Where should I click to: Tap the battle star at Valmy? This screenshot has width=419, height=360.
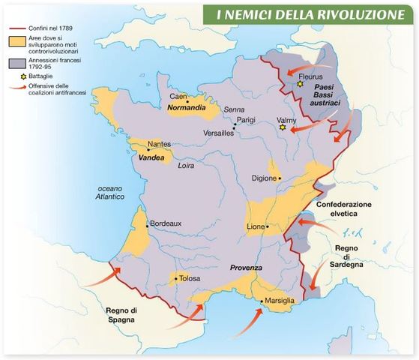(283, 127)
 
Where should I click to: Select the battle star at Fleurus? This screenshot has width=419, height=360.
(300, 85)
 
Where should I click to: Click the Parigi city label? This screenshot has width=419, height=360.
(247, 120)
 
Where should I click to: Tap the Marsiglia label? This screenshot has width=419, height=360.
(280, 301)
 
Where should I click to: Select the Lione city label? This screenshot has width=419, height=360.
(256, 226)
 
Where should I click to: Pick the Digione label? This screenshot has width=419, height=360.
(265, 178)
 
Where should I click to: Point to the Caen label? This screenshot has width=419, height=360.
(178, 97)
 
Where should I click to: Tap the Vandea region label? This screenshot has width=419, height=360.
(152, 158)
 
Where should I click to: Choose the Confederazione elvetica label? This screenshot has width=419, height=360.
(345, 208)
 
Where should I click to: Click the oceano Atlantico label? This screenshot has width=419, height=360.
(104, 193)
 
